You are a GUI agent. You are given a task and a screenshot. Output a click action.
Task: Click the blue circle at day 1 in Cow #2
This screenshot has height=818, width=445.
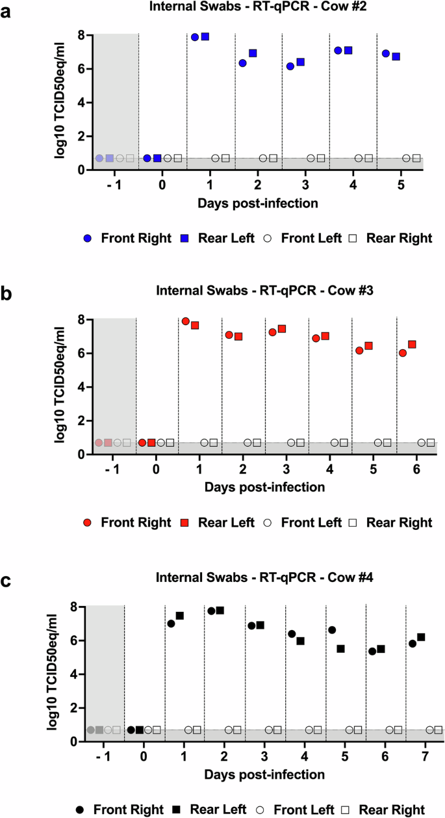click(195, 37)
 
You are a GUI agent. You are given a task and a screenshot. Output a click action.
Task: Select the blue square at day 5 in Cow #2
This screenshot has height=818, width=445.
click(396, 57)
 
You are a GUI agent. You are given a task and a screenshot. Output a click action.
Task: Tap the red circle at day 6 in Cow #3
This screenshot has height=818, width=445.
click(403, 353)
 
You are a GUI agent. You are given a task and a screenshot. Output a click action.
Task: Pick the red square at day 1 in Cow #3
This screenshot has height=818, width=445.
click(195, 325)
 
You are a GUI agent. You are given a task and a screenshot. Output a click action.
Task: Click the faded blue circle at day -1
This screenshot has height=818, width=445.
click(99, 159)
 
